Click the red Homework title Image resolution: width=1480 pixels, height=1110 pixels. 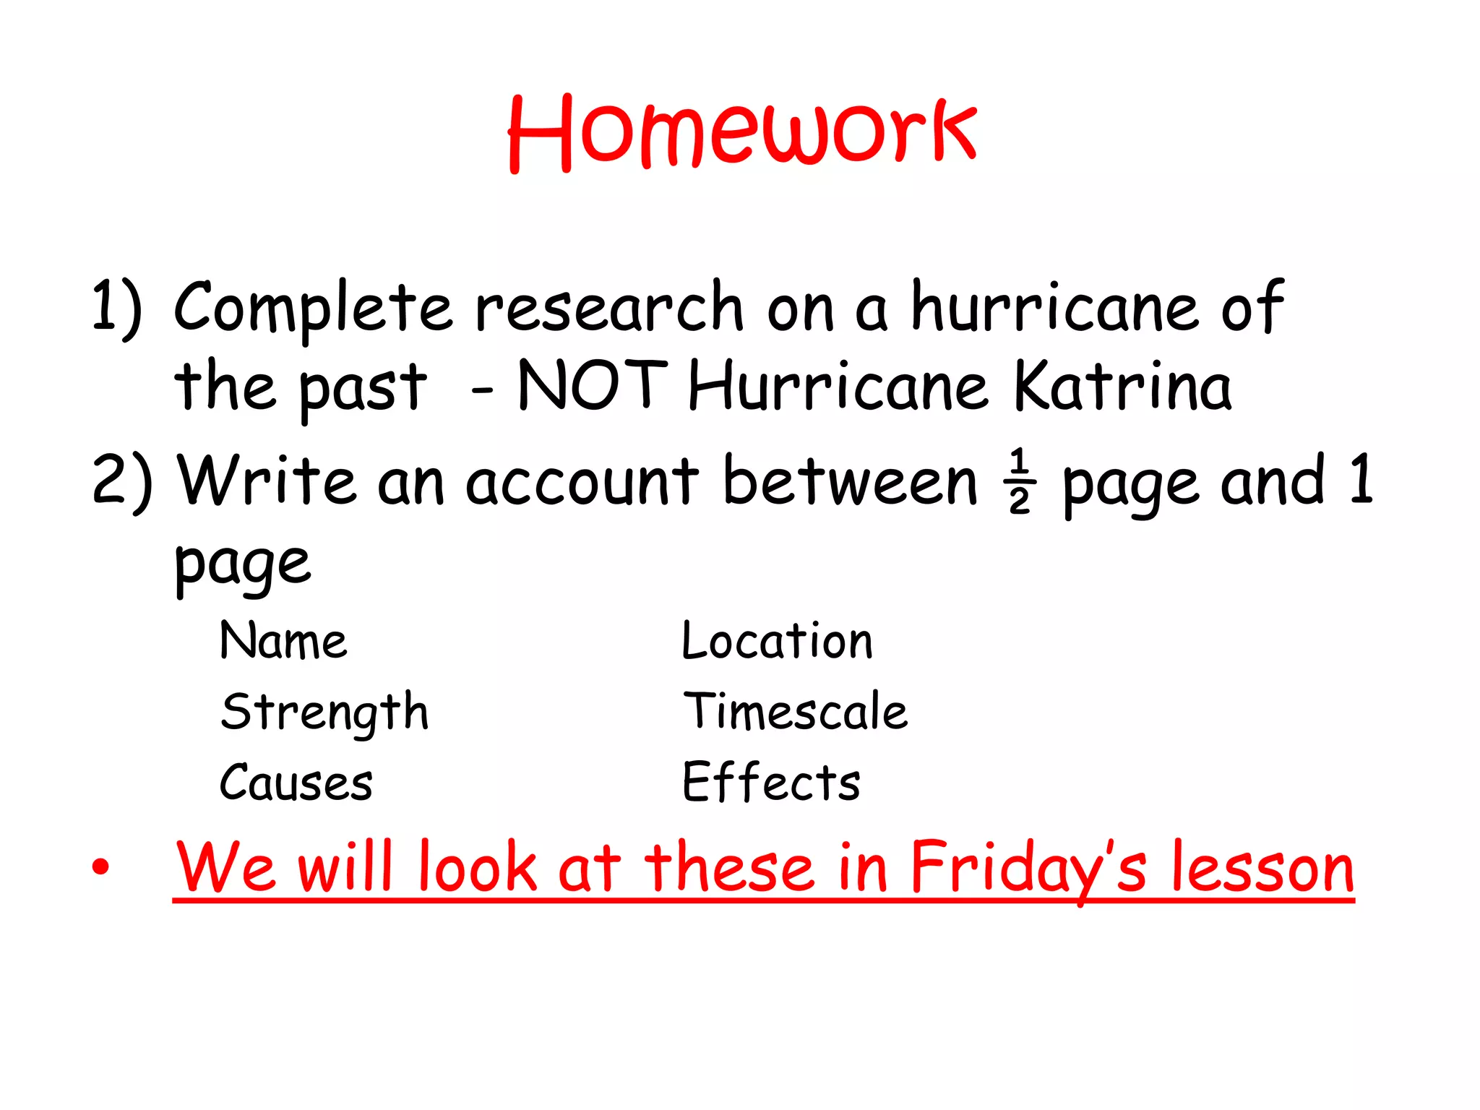742,134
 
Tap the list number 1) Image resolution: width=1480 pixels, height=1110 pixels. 117,307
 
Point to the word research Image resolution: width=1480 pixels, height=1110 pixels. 608,307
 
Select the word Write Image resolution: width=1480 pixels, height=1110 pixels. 267,481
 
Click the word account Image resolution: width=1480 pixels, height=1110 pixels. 582,481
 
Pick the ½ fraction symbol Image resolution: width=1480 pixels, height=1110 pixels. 1020,481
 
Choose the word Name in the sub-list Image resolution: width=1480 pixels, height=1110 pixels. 283,641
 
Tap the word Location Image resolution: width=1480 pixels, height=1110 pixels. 778,641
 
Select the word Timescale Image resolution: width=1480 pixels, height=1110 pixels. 795,711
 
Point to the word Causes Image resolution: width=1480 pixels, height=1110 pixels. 296,783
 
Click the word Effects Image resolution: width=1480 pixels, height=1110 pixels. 771,782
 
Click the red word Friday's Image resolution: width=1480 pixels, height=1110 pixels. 1028,868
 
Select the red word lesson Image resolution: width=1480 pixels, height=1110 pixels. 1262,868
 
